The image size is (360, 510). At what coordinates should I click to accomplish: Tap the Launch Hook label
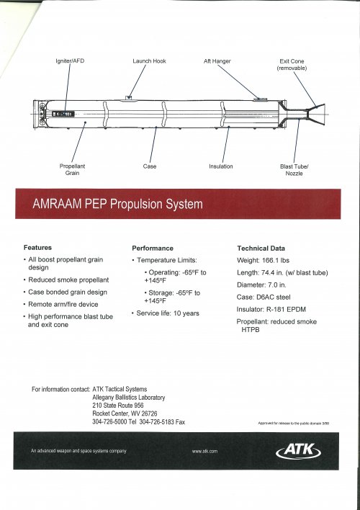click(x=150, y=61)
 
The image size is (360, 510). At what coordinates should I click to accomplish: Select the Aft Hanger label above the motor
click(x=217, y=61)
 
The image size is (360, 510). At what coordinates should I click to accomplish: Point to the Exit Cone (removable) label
click(x=292, y=65)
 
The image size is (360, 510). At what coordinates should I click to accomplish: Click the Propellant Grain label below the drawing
click(x=72, y=169)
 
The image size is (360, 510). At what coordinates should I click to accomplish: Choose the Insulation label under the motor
click(x=221, y=166)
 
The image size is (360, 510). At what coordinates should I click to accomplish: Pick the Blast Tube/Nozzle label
click(x=294, y=169)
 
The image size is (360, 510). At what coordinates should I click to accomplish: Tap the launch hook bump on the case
click(x=128, y=97)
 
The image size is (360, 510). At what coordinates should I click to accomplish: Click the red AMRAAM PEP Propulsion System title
click(x=118, y=204)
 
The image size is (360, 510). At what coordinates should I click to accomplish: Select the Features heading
click(x=37, y=247)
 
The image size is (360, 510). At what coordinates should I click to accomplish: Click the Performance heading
click(x=153, y=247)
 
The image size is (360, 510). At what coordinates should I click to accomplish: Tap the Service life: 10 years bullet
click(x=168, y=313)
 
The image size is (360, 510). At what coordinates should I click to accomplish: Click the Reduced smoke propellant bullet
click(x=69, y=279)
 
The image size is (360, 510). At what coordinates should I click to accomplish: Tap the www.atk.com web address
click(x=205, y=451)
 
